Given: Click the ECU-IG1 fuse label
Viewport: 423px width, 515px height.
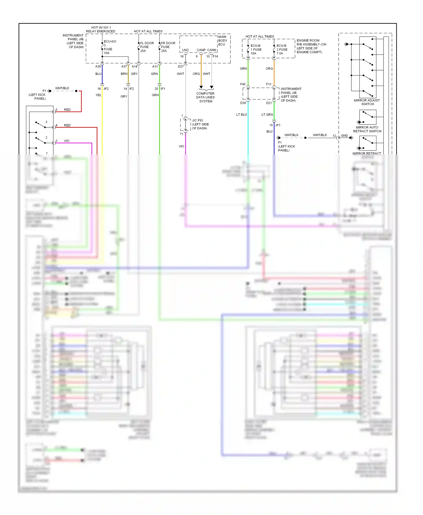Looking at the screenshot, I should [110, 41].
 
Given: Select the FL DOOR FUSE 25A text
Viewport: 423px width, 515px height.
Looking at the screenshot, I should [147, 47].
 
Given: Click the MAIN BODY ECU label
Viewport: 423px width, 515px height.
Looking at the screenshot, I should [222, 41].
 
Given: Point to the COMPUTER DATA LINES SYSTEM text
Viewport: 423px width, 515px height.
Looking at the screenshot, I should [206, 97].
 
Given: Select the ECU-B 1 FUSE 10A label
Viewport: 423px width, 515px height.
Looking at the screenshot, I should [256, 49].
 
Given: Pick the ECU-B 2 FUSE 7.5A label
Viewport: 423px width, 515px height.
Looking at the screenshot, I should [282, 49].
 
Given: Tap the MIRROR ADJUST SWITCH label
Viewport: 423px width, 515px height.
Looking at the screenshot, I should [367, 102].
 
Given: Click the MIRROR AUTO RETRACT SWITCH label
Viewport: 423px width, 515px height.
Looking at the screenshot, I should [367, 129].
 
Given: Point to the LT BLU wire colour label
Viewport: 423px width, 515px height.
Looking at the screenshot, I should [241, 115].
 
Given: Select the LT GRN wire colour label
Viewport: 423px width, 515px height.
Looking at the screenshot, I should [267, 115].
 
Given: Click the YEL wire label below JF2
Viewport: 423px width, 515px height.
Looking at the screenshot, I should [98, 95].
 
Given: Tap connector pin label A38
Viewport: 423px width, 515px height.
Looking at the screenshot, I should [98, 66].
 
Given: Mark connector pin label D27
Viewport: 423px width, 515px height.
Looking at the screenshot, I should [181, 66].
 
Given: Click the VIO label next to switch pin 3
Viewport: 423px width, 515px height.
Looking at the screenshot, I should [67, 141].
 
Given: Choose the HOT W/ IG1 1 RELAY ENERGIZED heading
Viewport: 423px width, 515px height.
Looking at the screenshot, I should [101, 29].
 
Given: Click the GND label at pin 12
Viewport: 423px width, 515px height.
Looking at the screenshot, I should [344, 136].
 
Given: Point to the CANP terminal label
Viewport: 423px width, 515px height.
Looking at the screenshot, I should [201, 50].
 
